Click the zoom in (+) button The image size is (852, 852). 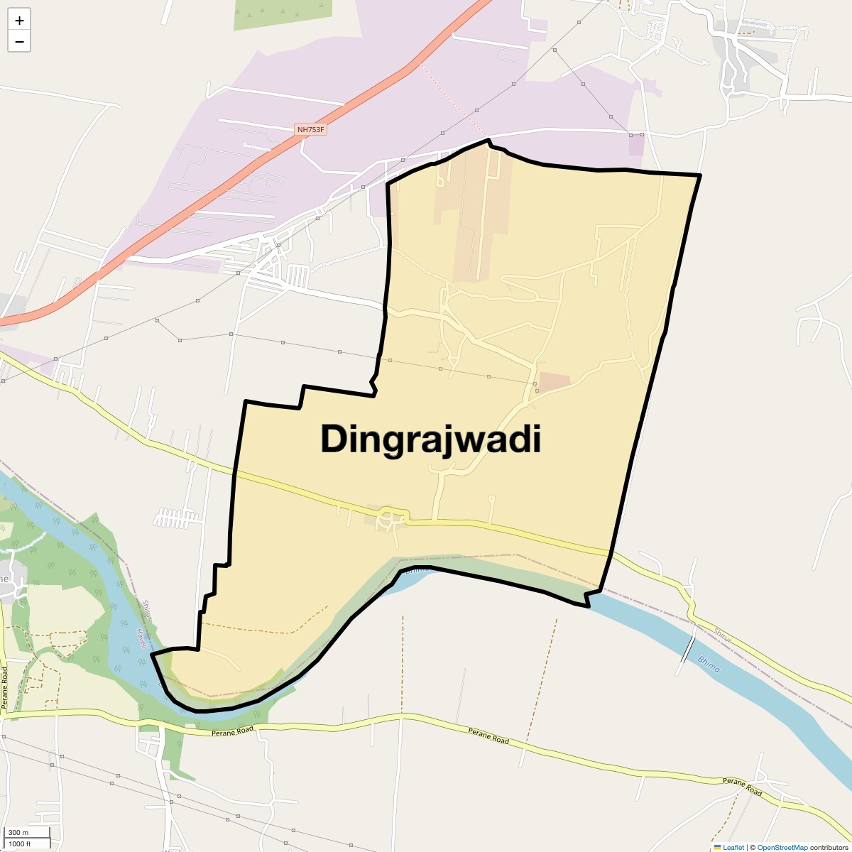click(19, 21)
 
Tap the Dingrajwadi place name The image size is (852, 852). click(430, 439)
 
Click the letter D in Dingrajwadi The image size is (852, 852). click(334, 439)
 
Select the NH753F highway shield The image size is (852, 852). click(311, 129)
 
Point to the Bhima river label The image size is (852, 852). click(709, 665)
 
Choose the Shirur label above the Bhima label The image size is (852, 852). click(722, 636)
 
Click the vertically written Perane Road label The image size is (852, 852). click(4, 687)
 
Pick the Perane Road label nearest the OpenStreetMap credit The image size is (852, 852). click(743, 787)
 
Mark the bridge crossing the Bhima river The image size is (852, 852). click(687, 649)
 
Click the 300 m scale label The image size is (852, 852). click(19, 833)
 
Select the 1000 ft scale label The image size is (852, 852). click(20, 843)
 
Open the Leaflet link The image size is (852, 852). click(733, 847)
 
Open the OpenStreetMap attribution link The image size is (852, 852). click(782, 847)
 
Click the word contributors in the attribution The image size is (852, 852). click(829, 847)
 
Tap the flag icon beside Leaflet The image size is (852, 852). click(717, 847)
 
